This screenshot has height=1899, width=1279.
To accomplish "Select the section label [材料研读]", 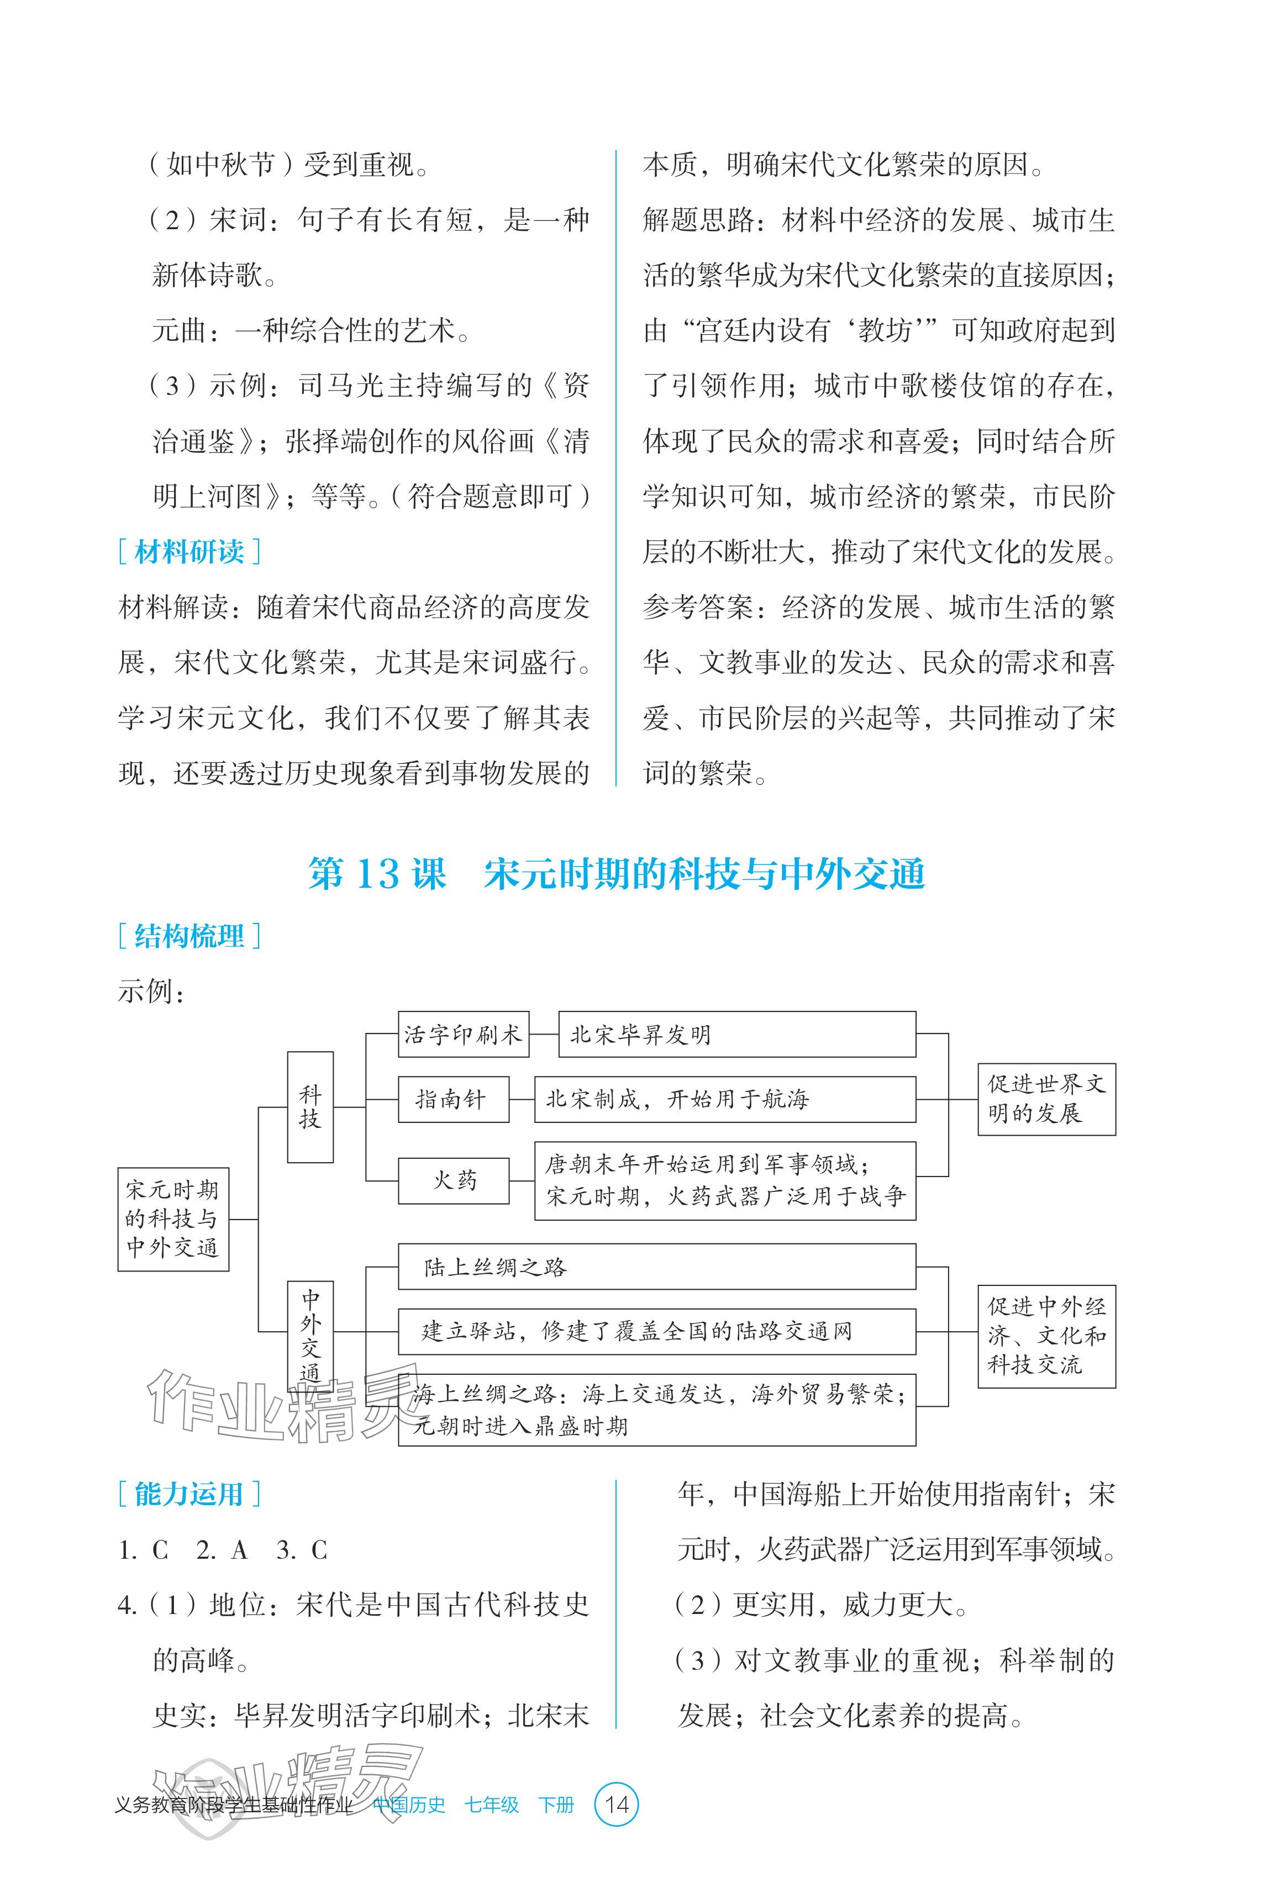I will point(190,552).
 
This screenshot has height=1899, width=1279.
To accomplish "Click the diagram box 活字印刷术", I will point(462,1035).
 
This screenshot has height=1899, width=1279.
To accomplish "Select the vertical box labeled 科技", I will point(310,1106).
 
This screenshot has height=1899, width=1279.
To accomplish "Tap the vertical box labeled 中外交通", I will point(310,1334).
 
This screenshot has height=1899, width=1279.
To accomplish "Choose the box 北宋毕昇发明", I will point(736,1035).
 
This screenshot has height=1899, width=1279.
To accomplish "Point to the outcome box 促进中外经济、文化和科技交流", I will point(1046,1336).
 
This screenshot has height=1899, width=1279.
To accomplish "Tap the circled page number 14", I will point(617,1805).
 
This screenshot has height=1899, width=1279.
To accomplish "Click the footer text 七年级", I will point(491,1805).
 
